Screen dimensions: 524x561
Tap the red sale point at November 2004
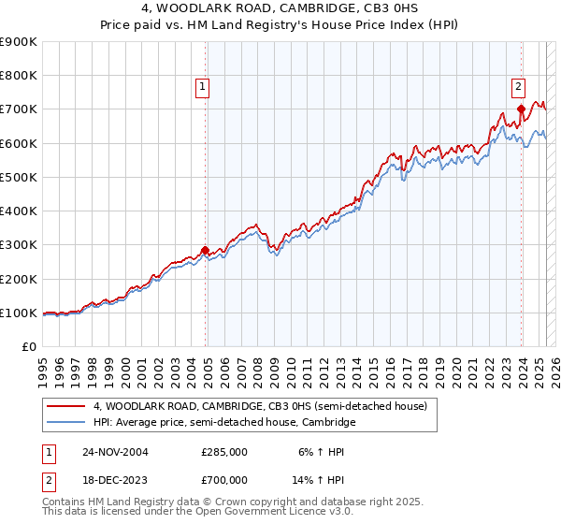[x=206, y=251]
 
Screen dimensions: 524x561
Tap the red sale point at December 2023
[x=521, y=110]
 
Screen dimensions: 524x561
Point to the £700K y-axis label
[x=19, y=109]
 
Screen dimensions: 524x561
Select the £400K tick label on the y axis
[x=19, y=211]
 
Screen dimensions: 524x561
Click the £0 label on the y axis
[x=28, y=347]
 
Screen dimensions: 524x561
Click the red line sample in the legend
[x=65, y=406]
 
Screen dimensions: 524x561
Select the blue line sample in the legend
[x=65, y=423]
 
